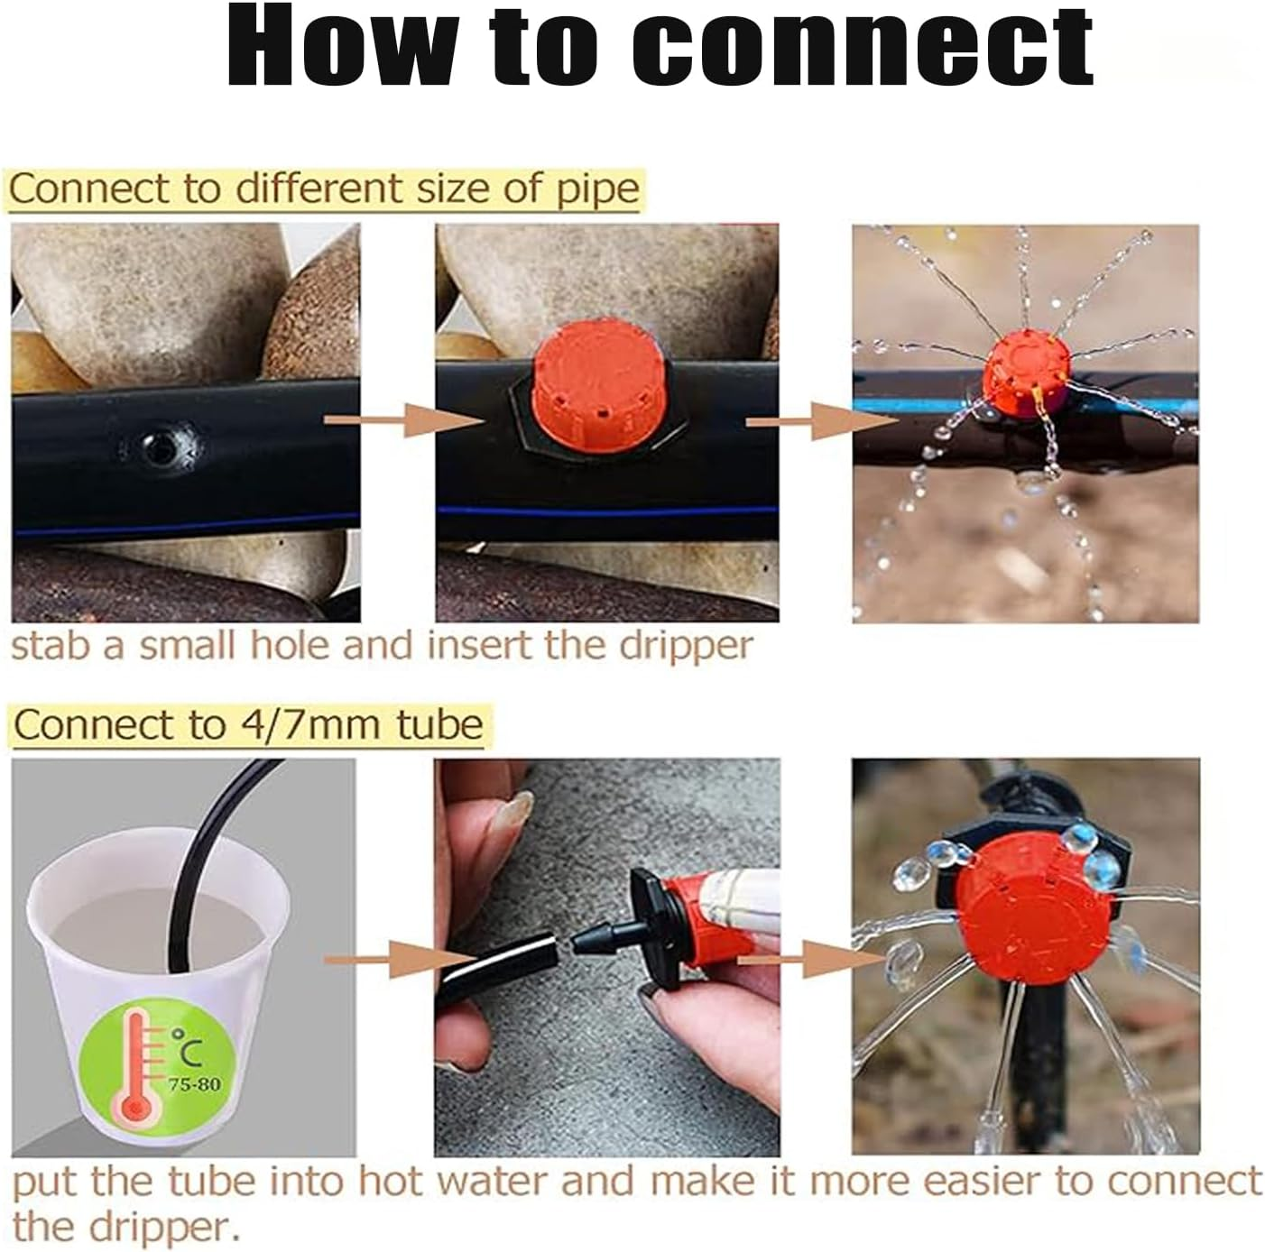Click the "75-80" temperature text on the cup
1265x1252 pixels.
194,1083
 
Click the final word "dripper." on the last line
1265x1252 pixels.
159,1227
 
